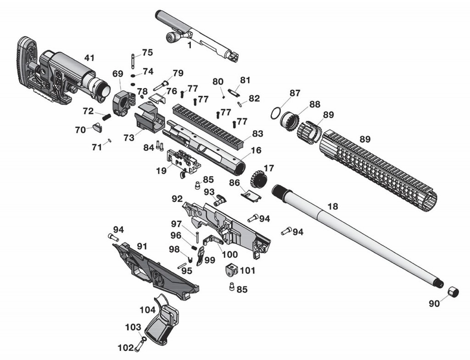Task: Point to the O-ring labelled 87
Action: click(x=275, y=112)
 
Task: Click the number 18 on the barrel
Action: click(x=333, y=207)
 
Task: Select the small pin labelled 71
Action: click(x=110, y=141)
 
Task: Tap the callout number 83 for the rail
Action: click(x=257, y=134)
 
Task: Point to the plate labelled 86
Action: click(x=251, y=195)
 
